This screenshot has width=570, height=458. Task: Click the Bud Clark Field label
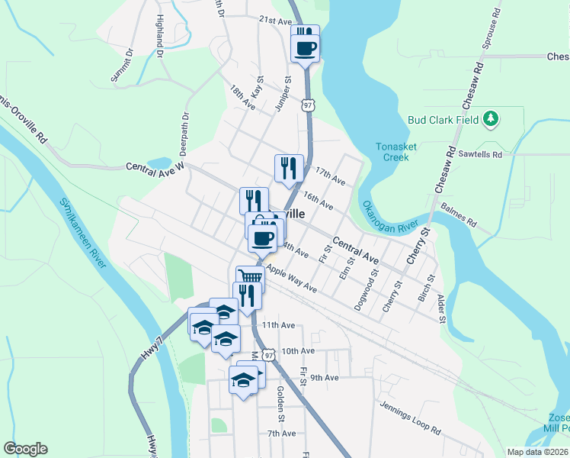[x=443, y=119]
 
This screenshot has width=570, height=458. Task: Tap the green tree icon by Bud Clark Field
[x=492, y=118]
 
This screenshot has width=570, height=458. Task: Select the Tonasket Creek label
[x=392, y=152]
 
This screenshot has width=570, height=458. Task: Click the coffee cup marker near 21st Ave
[x=306, y=48]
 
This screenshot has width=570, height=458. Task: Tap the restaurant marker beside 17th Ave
[x=289, y=168]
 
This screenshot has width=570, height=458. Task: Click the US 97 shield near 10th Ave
[x=266, y=355]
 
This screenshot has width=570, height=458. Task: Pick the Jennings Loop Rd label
[x=411, y=419]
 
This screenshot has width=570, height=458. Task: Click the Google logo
[x=25, y=449]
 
